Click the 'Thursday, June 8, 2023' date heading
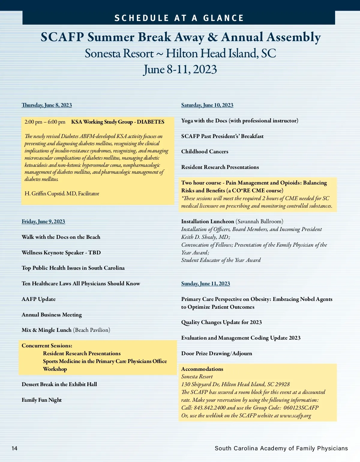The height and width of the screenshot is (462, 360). coord(47,105)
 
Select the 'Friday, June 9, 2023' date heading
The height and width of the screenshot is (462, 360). coord(43,221)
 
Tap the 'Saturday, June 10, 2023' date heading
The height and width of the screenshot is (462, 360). coord(207,105)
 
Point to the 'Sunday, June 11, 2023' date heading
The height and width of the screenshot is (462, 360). coord(205,283)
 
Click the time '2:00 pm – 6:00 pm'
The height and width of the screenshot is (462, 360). coord(45,122)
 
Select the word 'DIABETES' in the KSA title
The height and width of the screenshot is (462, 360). coord(151,122)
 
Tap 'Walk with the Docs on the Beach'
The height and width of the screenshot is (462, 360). coord(61,237)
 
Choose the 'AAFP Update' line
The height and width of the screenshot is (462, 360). coord(38,299)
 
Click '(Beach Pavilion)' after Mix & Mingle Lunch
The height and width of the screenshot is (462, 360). coord(91,330)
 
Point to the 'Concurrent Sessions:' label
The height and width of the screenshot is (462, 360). coord(47,346)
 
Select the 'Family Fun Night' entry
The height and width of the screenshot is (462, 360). coord(41,400)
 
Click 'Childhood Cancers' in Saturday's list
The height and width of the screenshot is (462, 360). coord(205,151)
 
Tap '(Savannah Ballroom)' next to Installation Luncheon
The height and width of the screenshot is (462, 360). coord(259,221)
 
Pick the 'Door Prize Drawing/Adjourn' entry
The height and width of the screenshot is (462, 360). coord(217,353)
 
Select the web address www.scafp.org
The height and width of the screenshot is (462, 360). coord(295,415)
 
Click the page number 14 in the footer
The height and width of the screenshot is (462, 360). coord(14,448)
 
